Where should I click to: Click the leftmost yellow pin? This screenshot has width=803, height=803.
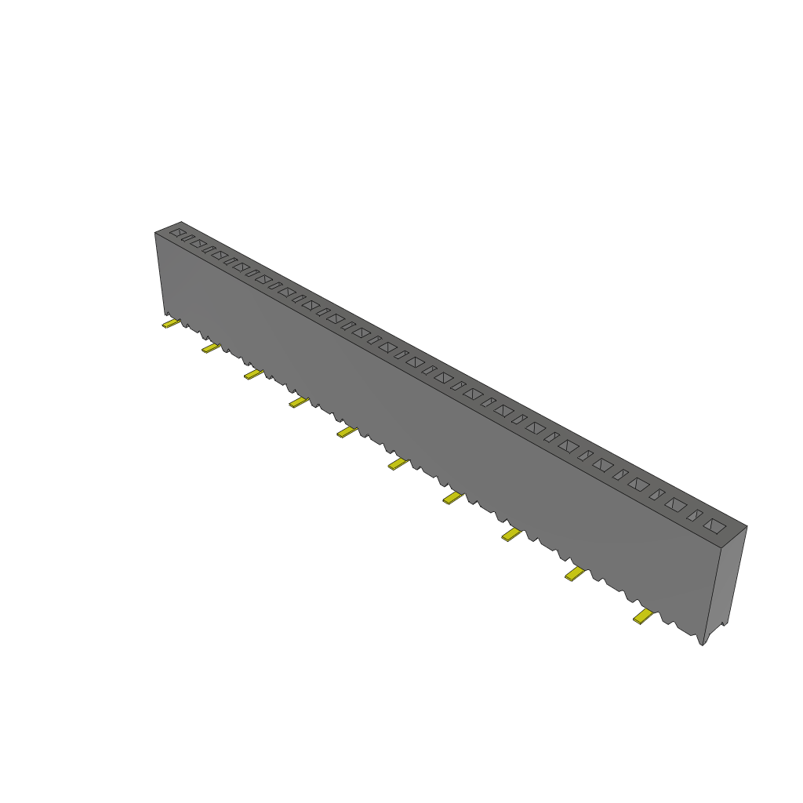click(x=170, y=324)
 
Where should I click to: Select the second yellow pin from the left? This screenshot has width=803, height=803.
click(x=210, y=347)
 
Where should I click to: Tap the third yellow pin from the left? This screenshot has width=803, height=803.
click(x=253, y=375)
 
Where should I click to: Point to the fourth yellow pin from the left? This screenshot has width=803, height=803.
click(x=298, y=402)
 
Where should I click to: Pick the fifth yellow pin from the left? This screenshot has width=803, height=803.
click(x=346, y=432)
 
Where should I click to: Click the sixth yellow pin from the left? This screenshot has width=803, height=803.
click(x=398, y=465)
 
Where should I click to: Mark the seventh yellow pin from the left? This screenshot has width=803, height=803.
click(x=452, y=498)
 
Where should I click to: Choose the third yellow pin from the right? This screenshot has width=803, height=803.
click(x=511, y=535)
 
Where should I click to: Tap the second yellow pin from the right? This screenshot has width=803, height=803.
click(x=576, y=575)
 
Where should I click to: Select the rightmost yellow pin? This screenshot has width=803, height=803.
click(x=644, y=617)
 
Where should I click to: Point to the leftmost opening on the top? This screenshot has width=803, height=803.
click(x=178, y=233)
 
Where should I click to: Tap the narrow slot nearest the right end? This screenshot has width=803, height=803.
click(x=694, y=516)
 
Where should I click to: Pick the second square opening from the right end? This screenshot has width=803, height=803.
click(x=675, y=506)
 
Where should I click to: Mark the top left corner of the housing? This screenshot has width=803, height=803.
click(x=156, y=233)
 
